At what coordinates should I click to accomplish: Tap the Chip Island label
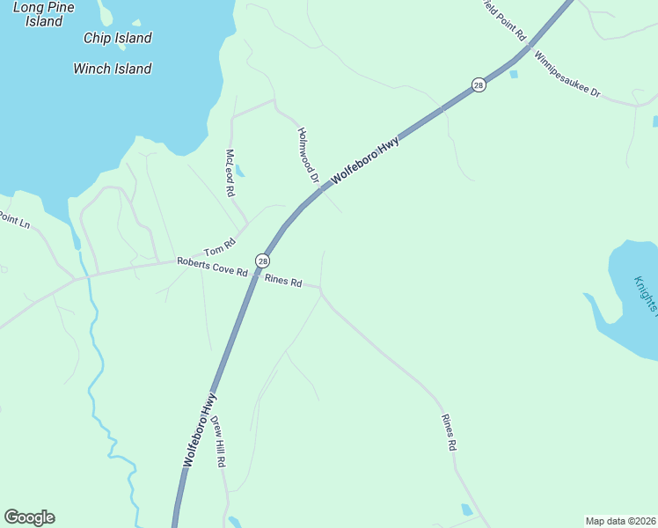[117, 38]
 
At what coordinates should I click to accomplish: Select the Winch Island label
[112, 69]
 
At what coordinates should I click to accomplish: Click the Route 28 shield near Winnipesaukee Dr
[478, 84]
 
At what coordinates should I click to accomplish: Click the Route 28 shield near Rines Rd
[262, 260]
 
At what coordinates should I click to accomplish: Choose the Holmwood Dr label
[308, 155]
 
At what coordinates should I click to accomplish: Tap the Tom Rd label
[221, 247]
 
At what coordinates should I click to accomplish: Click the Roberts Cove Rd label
[212, 267]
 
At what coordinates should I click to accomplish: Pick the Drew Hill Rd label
[219, 439]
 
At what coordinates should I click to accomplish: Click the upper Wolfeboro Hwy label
[365, 160]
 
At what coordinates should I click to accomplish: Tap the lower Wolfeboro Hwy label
[200, 429]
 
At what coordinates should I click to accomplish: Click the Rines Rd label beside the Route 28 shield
[283, 282]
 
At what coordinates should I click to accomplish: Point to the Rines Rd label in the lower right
[449, 433]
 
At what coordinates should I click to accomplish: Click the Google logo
[29, 517]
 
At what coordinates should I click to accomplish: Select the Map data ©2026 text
[620, 521]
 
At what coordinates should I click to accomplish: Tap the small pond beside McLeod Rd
[239, 171]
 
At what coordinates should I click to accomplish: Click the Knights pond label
[646, 295]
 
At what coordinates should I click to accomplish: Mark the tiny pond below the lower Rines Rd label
[466, 510]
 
